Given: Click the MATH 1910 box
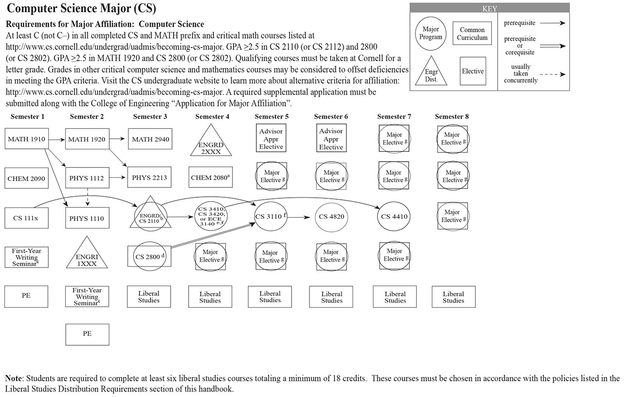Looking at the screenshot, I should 26,139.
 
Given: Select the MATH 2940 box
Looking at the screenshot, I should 150,139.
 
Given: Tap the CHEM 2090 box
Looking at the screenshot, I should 26,179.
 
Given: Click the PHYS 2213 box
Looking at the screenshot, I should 149,177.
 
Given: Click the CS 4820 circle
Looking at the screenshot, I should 331,216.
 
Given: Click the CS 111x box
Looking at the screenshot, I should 26,218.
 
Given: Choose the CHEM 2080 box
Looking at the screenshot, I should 211,178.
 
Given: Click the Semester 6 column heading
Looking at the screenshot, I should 331,117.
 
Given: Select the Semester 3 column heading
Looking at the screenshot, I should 150,117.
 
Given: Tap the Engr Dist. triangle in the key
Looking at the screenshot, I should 431,74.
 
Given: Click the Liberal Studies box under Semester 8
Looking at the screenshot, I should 453,297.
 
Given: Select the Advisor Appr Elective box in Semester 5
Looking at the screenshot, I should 271,139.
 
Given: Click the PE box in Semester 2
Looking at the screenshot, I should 87,334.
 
